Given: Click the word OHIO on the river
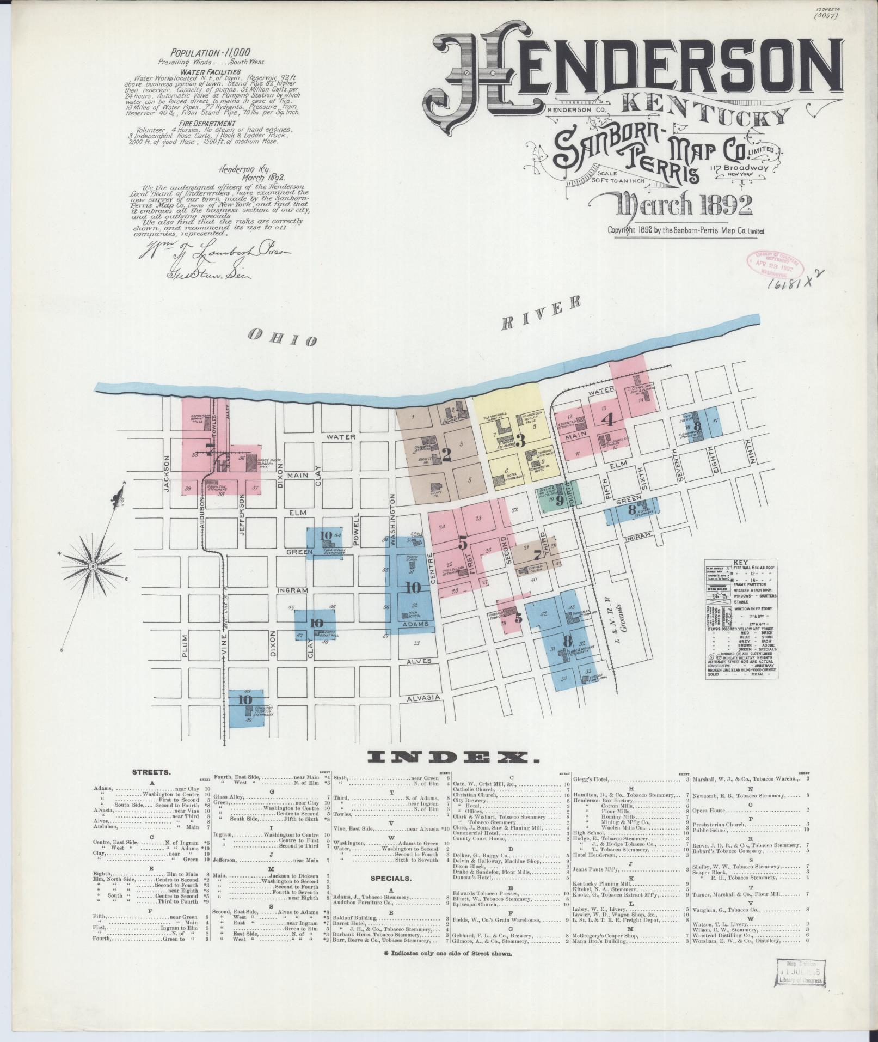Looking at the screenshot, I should click(x=282, y=338).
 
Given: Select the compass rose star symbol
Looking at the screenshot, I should click(x=93, y=566).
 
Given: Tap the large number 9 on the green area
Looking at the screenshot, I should click(x=559, y=498).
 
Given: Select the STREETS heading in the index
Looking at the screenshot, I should click(x=151, y=772).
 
